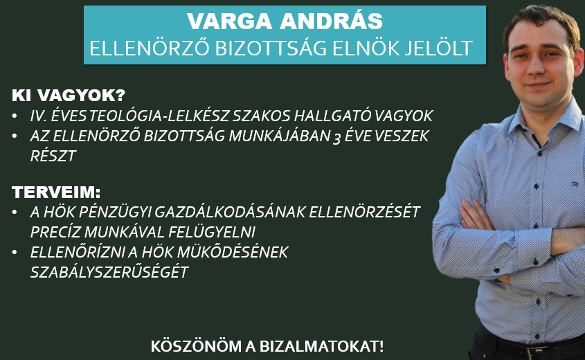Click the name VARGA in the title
[230, 21]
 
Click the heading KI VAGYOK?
[69, 96]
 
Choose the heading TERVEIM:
[56, 192]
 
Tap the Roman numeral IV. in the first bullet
[37, 116]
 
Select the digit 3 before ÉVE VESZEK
[336, 138]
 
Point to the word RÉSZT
[53, 156]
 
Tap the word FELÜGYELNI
[212, 232]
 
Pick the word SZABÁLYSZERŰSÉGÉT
[109, 272]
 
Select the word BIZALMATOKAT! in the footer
[321, 346]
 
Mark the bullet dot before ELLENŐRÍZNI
[15, 253]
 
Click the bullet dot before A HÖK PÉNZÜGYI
[15, 213]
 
